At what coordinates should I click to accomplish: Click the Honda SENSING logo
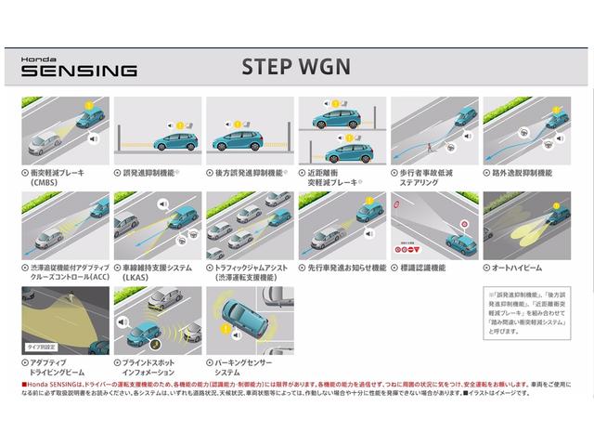tap(80, 65)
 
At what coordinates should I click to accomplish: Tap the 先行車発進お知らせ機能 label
tap(342, 267)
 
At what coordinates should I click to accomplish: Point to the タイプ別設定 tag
tap(38, 344)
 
